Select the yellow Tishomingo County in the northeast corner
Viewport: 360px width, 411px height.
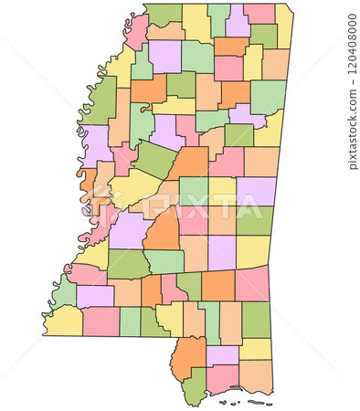pyautogui.click(x=284, y=26)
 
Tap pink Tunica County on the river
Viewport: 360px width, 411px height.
pyautogui.click(x=137, y=31)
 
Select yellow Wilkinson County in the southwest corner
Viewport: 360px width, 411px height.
pyautogui.click(x=64, y=321)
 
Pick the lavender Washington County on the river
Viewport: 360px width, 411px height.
pyautogui.click(x=95, y=144)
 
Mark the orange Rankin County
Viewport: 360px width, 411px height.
pyautogui.click(x=164, y=228)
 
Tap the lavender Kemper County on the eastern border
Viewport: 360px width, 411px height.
pyautogui.click(x=256, y=191)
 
